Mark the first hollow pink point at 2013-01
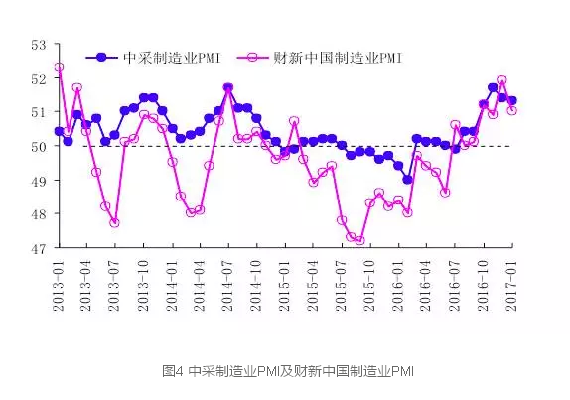pos(59,67)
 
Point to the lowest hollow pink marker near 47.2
pos(359,240)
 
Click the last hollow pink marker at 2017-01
pos(511,110)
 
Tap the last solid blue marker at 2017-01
pos(512,101)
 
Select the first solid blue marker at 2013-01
pos(59,131)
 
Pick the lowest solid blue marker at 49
pos(408,180)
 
